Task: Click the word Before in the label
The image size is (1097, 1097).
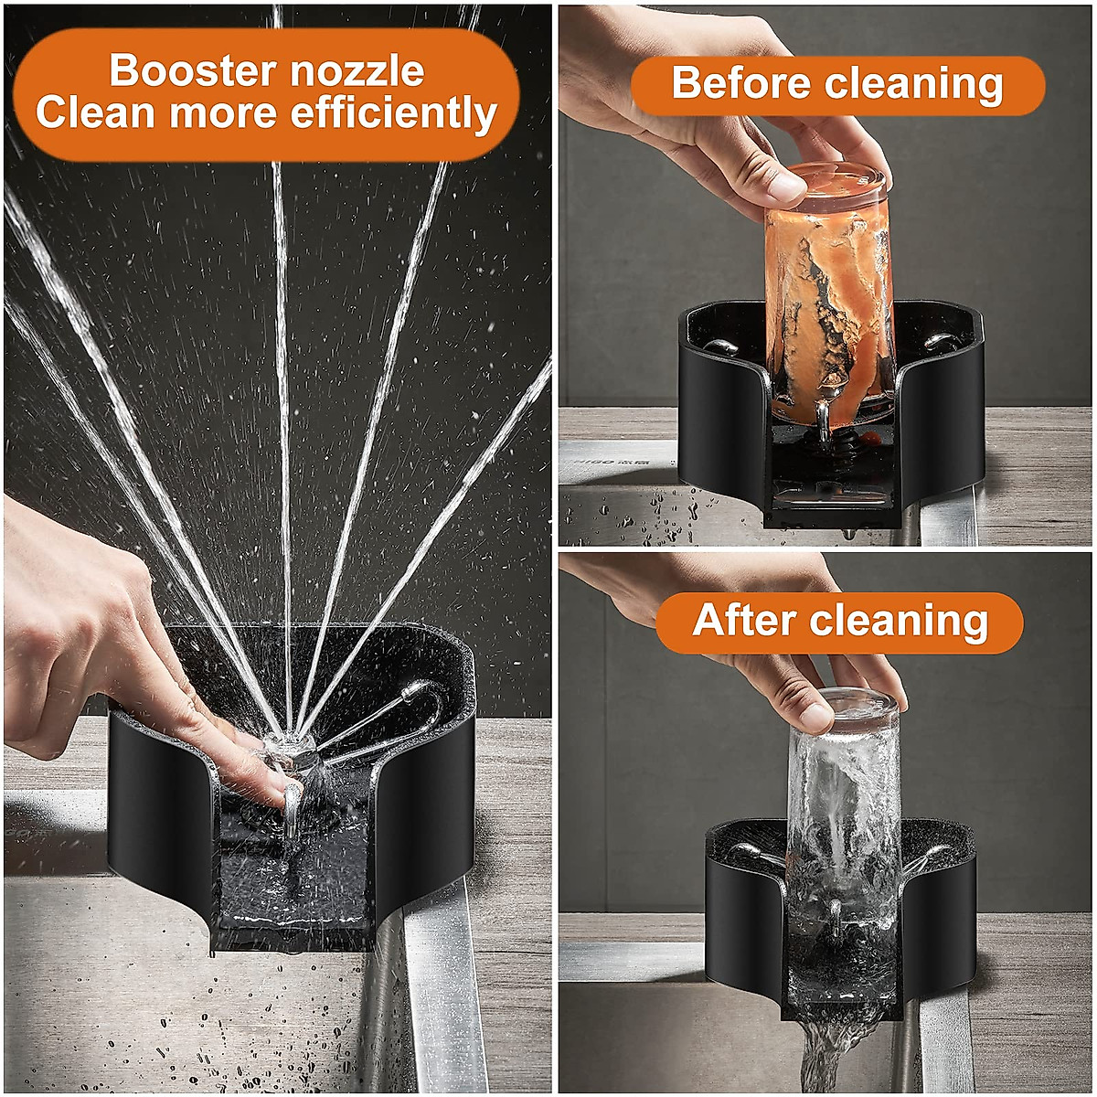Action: (741, 84)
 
